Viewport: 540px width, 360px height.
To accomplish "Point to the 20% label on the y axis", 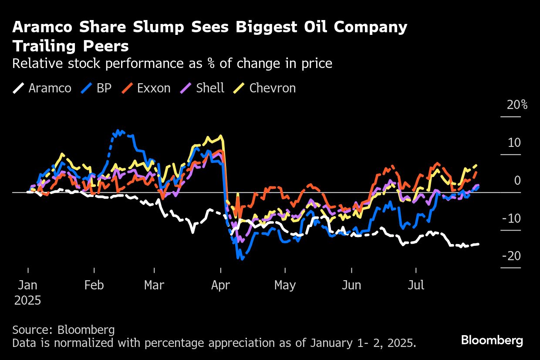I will (x=517, y=105).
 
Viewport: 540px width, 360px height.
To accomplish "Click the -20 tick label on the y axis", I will (x=511, y=256).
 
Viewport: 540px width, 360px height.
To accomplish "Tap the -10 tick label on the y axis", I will (x=511, y=218).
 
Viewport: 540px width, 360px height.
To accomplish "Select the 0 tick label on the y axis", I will (x=517, y=180).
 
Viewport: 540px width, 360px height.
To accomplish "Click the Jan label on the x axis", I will (x=28, y=285).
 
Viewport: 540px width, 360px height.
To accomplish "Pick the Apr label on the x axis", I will (x=221, y=285).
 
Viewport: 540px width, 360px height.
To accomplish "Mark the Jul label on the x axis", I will (x=416, y=285).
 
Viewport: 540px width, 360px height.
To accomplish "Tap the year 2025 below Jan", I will (x=28, y=301).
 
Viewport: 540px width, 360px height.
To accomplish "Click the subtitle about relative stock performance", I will (x=172, y=64).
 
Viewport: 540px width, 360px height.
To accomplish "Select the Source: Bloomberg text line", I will (x=64, y=329).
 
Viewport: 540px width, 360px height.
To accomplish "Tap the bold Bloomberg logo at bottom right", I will (x=492, y=340).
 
